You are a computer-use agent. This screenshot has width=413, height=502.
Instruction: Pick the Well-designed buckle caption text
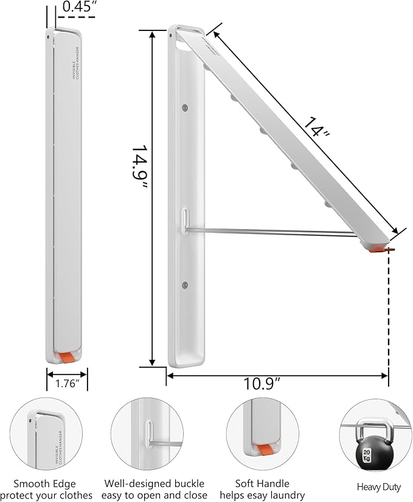click(x=156, y=489)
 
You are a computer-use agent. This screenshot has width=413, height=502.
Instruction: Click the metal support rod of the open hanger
click(x=274, y=231)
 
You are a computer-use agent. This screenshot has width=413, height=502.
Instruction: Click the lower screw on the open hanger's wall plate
click(x=184, y=284)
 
